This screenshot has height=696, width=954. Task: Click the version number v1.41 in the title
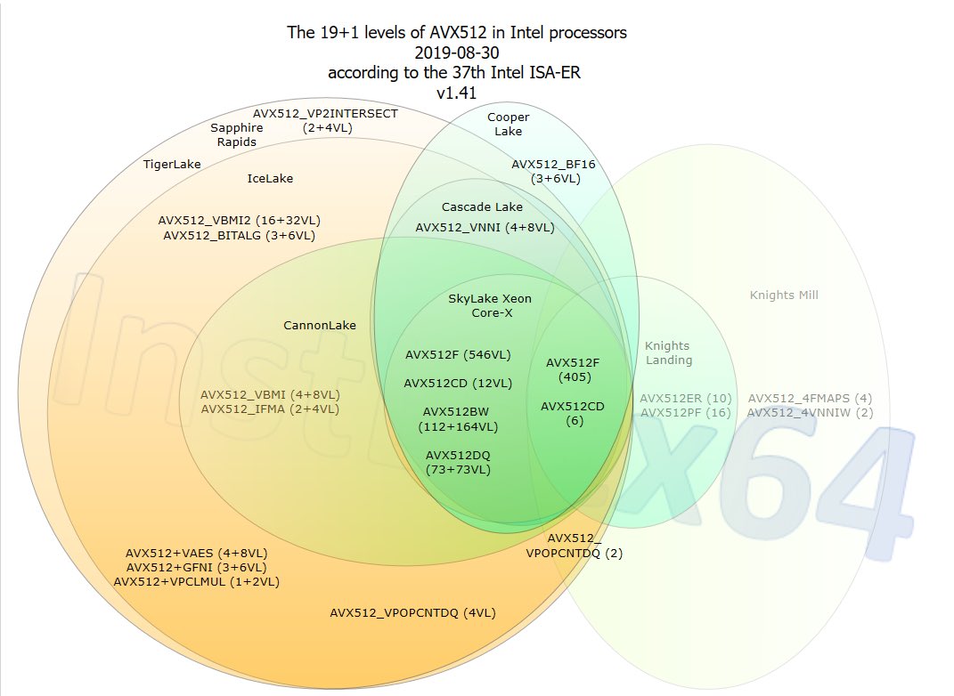(x=456, y=93)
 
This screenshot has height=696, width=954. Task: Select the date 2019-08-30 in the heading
(x=456, y=53)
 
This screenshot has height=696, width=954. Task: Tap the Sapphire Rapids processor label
(x=237, y=135)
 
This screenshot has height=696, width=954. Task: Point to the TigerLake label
(x=172, y=164)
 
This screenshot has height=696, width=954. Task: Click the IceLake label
(x=270, y=179)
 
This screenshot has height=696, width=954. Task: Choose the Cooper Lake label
(x=508, y=124)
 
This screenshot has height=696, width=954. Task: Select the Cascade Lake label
(x=482, y=207)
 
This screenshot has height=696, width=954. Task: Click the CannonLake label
(x=320, y=325)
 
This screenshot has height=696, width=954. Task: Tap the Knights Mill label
(x=784, y=295)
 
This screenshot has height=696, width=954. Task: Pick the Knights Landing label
(x=668, y=353)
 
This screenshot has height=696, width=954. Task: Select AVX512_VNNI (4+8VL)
(x=485, y=228)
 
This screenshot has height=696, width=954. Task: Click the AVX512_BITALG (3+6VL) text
(x=239, y=236)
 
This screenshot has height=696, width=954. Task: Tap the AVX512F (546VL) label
(x=458, y=355)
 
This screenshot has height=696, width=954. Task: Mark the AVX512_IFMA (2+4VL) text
(x=270, y=409)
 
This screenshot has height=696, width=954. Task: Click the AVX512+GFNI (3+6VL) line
(x=197, y=568)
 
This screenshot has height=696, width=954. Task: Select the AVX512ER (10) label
(x=686, y=399)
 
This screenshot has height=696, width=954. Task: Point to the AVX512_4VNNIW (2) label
(x=811, y=413)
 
